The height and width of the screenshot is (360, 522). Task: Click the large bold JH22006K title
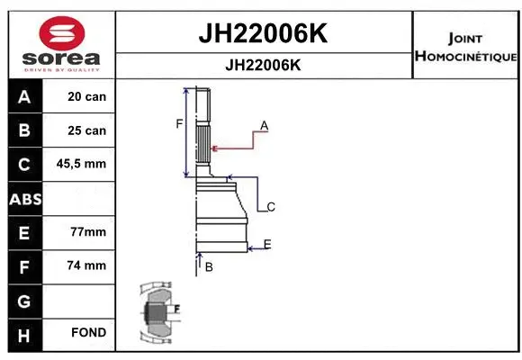point(262,33)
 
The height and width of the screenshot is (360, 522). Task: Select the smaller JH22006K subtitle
point(262,65)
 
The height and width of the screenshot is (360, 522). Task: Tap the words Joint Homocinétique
point(465,48)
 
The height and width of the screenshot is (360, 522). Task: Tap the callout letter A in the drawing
point(264,124)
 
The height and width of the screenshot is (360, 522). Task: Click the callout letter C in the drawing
point(270,207)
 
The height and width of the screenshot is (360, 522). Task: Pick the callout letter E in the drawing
point(267,244)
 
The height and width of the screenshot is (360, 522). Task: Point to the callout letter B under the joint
point(208,267)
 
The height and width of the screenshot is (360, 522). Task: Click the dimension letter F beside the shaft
point(179,123)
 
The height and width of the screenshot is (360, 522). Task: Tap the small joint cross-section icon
point(157,313)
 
